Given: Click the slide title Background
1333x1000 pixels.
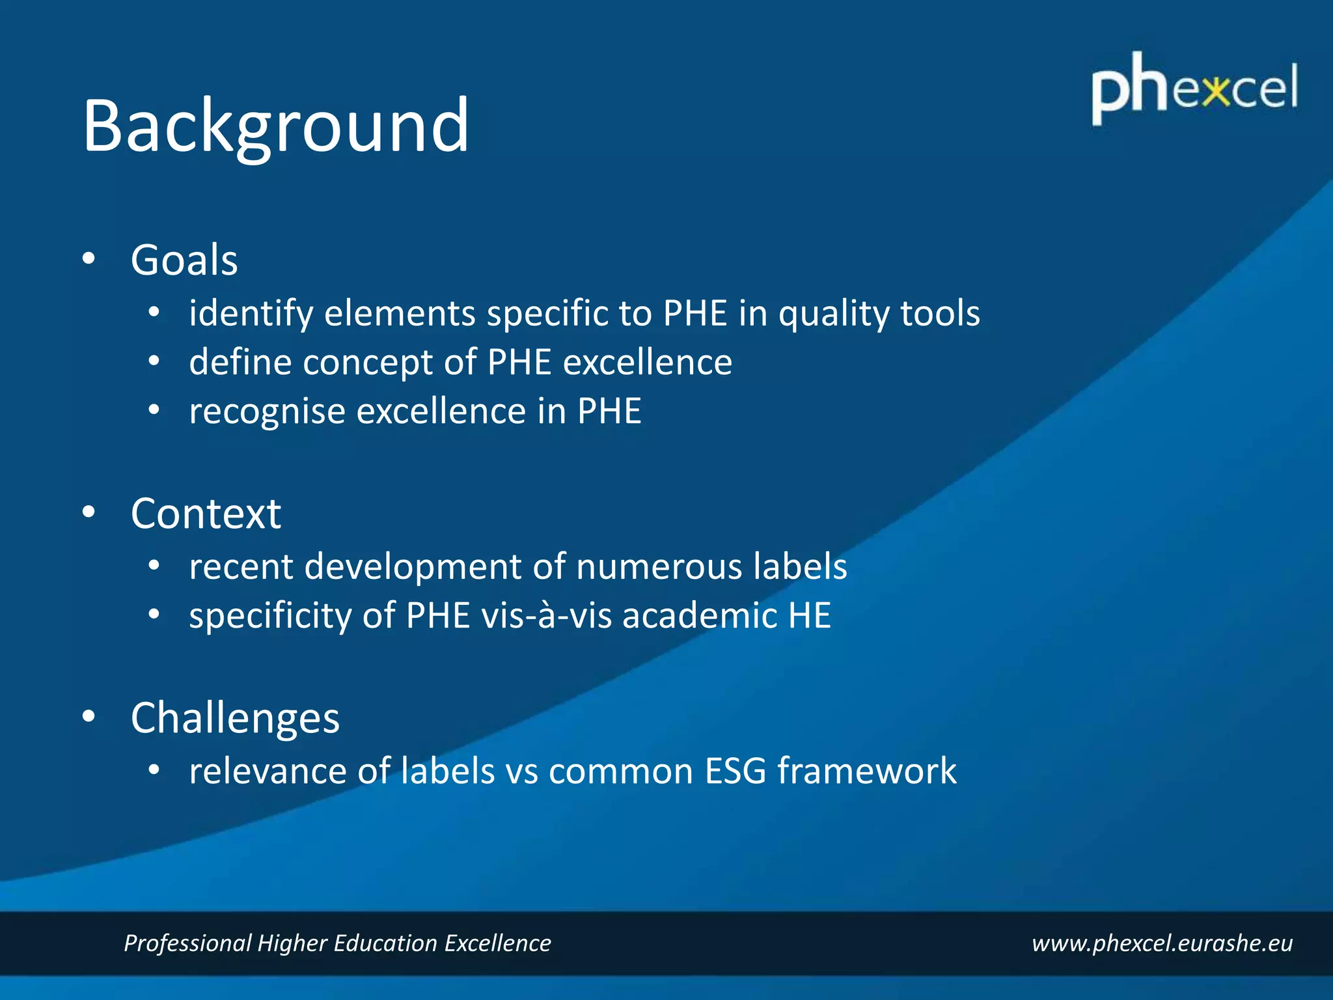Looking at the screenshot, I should tap(275, 125).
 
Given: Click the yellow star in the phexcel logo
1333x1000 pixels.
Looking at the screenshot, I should tap(1216, 91).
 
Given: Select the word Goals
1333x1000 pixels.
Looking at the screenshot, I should tap(184, 260).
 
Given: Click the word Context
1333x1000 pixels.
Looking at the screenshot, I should tap(206, 514).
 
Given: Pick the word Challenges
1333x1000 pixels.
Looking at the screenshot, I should tap(235, 718).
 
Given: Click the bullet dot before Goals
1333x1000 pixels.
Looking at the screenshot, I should tap(89, 259).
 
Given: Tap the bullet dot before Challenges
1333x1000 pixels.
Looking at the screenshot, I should tap(89, 717).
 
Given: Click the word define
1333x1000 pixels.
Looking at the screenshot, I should tap(240, 362).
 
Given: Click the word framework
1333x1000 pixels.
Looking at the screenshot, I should tap(867, 771).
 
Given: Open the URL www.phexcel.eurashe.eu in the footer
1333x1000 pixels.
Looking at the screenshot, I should tap(1162, 943).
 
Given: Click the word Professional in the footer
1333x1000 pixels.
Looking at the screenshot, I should tap(187, 943).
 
